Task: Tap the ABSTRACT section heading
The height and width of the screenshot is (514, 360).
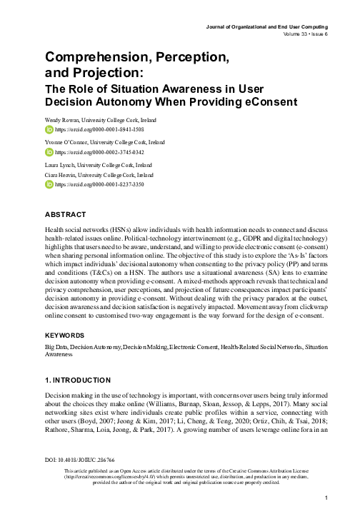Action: coord(66,215)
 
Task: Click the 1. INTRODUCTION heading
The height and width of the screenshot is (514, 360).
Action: coord(77,381)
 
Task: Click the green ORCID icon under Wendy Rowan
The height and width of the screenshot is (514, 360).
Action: coord(49,131)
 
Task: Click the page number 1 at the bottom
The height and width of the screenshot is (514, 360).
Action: coord(325,498)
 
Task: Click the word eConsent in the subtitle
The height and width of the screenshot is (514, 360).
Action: coord(282,102)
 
